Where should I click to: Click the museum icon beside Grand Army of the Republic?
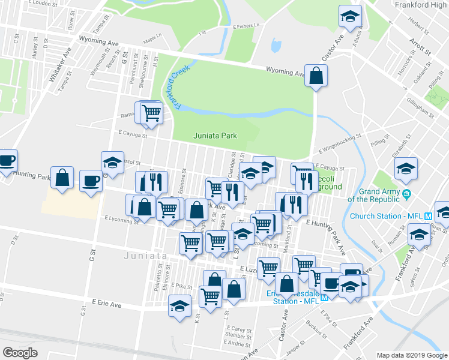pyautogui.click(x=407, y=194)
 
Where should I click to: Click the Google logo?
pyautogui.click(x=20, y=353)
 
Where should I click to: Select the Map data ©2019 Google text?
pyautogui.click(x=411, y=355)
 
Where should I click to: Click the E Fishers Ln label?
pyautogui.click(x=248, y=26)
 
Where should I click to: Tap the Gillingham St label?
pyautogui.click(x=420, y=107)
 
